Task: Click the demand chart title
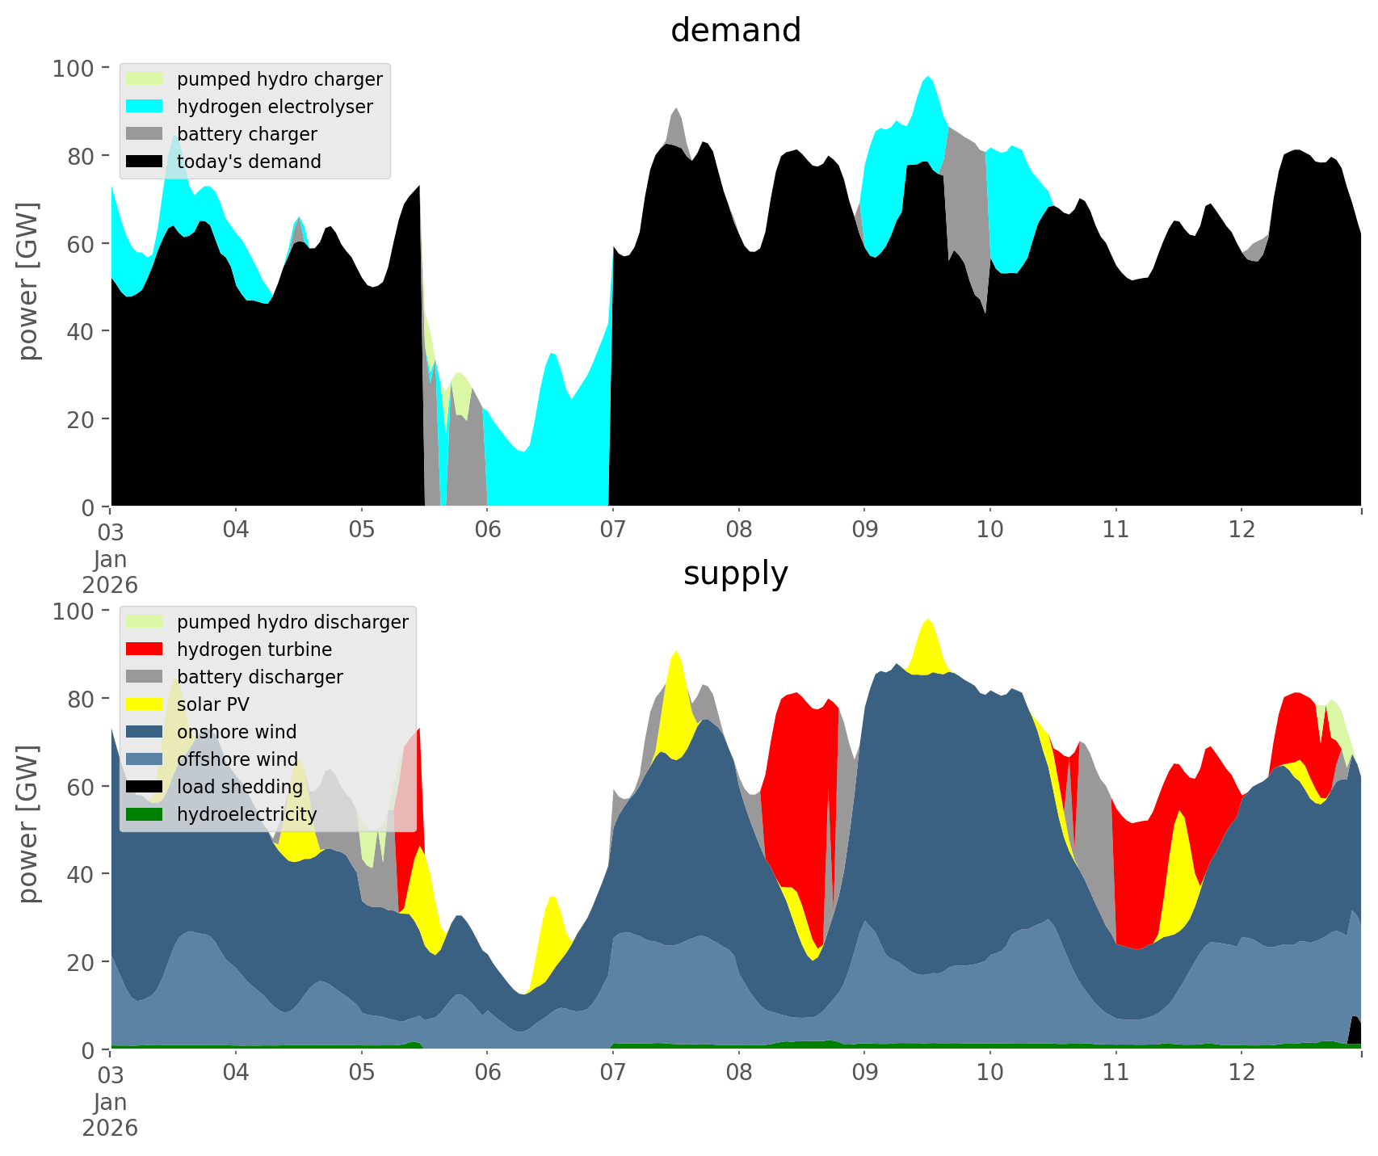tap(735, 31)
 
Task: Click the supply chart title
tap(735, 574)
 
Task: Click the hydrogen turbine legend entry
tap(254, 649)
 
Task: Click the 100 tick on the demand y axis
tap(73, 68)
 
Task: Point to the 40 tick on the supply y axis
tap(78, 874)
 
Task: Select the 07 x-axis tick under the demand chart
tap(613, 529)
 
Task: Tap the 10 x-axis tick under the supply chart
tap(989, 1072)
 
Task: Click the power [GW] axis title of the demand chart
tap(28, 281)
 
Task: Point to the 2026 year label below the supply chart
tap(110, 1128)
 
